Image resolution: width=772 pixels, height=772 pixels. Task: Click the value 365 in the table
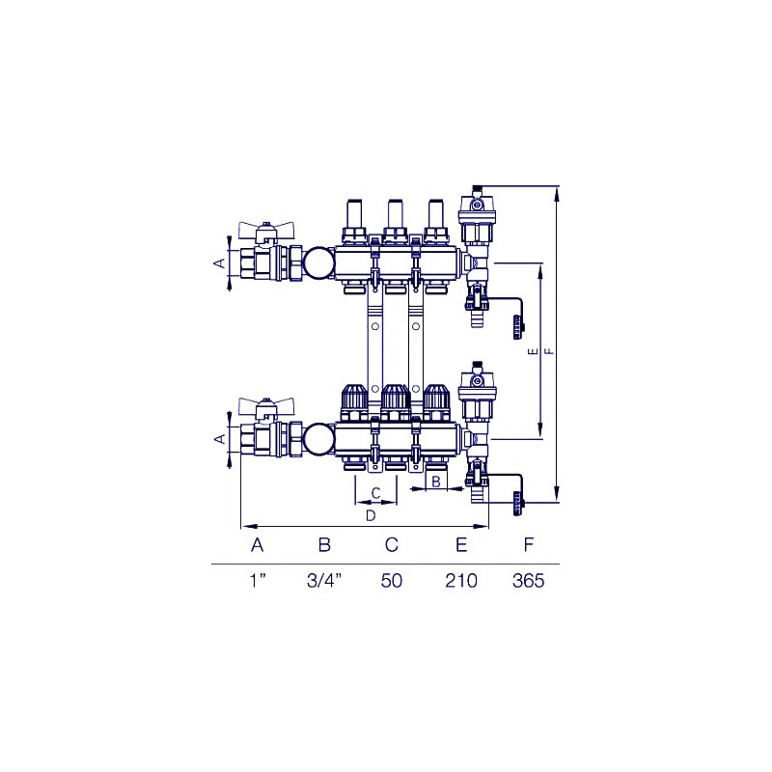[x=528, y=581]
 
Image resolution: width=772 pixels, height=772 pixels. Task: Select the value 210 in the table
[x=461, y=581]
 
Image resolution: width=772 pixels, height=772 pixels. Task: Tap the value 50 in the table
[x=392, y=581]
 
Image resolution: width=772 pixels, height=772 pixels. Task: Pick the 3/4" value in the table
[x=324, y=581]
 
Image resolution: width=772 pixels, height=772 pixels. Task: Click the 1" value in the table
[x=258, y=581]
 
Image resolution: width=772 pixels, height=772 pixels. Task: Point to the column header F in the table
[x=528, y=545]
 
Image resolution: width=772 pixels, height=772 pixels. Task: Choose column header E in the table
[x=461, y=545]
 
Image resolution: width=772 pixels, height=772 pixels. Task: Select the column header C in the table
[x=392, y=545]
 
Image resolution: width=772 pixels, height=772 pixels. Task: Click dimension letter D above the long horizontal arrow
[x=371, y=516]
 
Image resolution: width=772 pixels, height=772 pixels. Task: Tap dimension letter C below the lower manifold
[x=375, y=493]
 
